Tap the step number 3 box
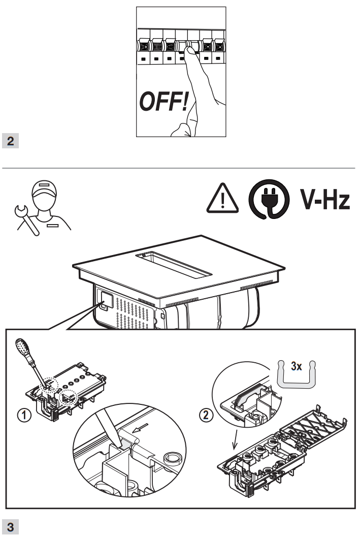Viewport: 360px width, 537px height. [x=11, y=524]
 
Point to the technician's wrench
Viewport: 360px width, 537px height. [x=22, y=219]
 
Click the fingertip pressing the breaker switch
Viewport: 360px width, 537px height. [x=189, y=52]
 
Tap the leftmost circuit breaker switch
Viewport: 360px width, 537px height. [x=144, y=45]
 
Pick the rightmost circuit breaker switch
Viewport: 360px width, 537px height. [x=219, y=45]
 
